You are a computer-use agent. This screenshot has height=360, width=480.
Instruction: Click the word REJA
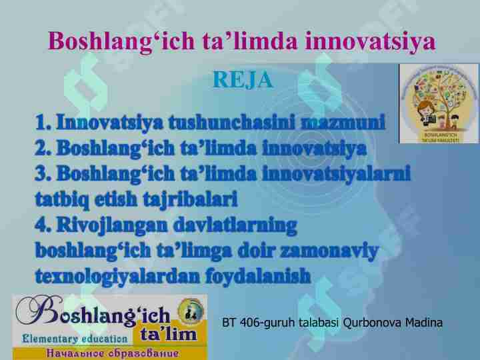[243, 80]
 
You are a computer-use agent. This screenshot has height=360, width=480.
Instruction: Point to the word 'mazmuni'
[343, 123]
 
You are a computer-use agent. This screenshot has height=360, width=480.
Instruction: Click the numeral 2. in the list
[44, 149]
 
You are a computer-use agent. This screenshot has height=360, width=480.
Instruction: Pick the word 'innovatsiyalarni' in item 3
[336, 174]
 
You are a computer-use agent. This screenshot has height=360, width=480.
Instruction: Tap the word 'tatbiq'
[61, 199]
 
